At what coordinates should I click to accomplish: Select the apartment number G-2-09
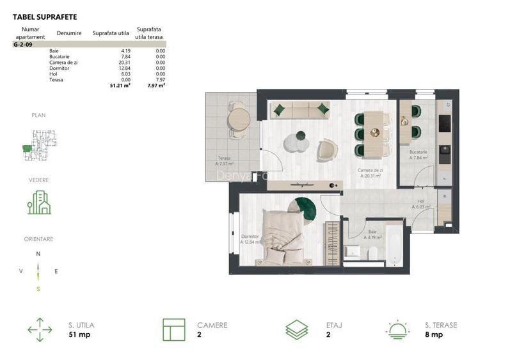(x=23, y=45)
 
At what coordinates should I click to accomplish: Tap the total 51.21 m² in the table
(x=120, y=84)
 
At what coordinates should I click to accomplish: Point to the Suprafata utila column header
(x=111, y=33)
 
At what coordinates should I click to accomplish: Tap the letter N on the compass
(x=38, y=254)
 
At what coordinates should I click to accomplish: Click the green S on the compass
(x=38, y=288)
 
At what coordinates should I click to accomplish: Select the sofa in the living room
(x=301, y=110)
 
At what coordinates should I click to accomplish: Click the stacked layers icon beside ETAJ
(x=296, y=329)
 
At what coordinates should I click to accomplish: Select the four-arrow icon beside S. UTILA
(x=40, y=329)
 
